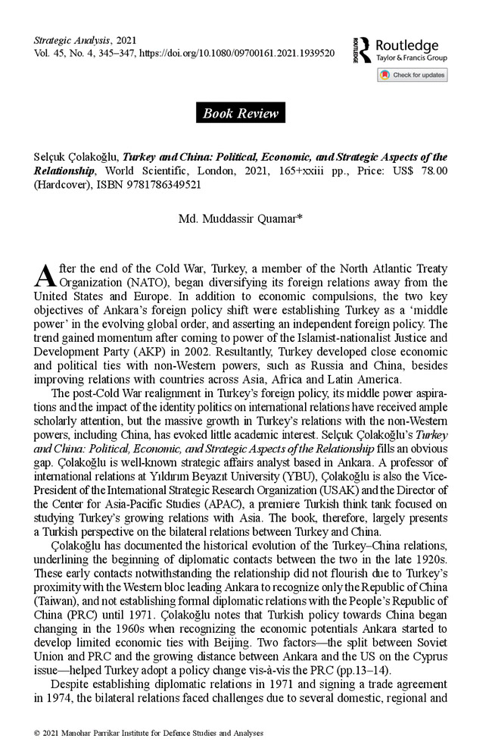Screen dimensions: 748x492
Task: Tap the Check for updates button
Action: (x=412, y=75)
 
